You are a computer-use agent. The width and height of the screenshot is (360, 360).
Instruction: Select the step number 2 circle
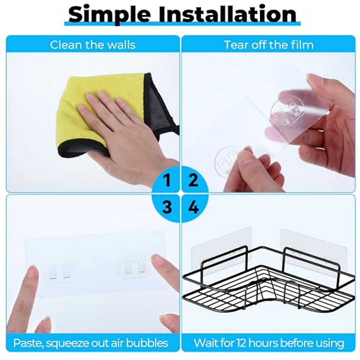194,180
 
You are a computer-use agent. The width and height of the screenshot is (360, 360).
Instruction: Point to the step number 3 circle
167,207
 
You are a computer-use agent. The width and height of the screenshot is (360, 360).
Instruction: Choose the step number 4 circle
194,207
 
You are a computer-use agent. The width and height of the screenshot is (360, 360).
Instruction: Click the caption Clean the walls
93,45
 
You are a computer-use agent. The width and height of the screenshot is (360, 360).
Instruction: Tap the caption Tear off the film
268,45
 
